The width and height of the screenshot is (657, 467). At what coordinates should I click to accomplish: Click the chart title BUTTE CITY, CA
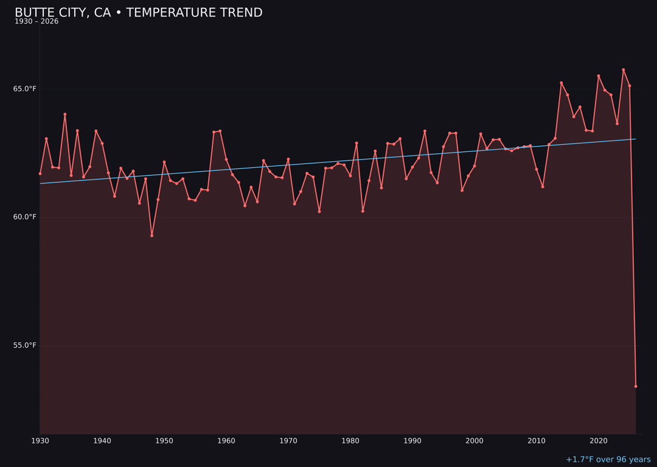point(139,13)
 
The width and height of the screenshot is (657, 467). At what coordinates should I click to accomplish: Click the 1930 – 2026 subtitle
point(36,22)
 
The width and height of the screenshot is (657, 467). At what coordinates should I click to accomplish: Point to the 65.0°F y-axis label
point(25,89)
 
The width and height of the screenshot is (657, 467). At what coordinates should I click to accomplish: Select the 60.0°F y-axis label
point(25,217)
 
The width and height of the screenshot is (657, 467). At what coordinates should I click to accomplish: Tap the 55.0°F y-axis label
point(25,345)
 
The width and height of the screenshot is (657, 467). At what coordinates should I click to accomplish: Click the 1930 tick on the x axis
point(40,441)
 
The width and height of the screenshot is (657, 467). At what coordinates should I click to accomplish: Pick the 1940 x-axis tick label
point(102,441)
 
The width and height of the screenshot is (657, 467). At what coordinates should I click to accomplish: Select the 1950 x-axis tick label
point(164,441)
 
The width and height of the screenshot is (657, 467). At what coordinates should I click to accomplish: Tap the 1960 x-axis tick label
point(226,441)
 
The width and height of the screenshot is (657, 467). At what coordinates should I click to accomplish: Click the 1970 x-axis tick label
point(288,441)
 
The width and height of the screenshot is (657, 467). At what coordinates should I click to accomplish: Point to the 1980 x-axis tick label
point(350,441)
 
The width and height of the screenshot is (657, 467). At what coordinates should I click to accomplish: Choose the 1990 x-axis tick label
point(412,441)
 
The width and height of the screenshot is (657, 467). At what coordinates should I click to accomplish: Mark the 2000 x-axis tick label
point(474,441)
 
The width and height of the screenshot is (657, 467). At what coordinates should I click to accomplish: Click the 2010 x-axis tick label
point(537,441)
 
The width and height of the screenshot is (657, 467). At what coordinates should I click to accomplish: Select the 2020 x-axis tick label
point(599,441)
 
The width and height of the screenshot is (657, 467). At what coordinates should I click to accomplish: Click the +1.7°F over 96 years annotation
point(608,460)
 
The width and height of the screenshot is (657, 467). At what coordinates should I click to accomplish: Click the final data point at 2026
point(636,386)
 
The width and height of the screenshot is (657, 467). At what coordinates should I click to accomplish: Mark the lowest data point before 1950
point(151,235)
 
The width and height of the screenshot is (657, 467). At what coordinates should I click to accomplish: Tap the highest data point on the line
point(623,70)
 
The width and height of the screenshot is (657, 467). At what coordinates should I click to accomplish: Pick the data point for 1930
point(40,173)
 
